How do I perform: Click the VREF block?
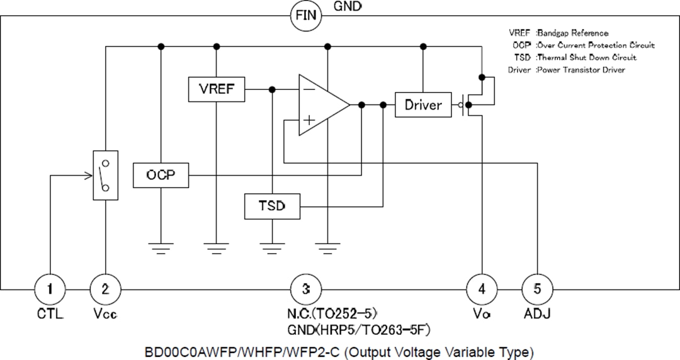(217, 89)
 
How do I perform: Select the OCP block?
(161, 175)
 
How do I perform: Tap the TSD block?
(272, 206)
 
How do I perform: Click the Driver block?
(423, 104)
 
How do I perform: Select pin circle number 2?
(105, 289)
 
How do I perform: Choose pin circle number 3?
(305, 289)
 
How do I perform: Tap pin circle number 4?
(482, 289)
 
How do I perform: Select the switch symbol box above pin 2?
(105, 176)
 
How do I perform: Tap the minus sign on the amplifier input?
(309, 90)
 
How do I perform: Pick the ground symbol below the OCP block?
(161, 247)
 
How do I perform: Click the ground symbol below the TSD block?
(272, 247)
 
